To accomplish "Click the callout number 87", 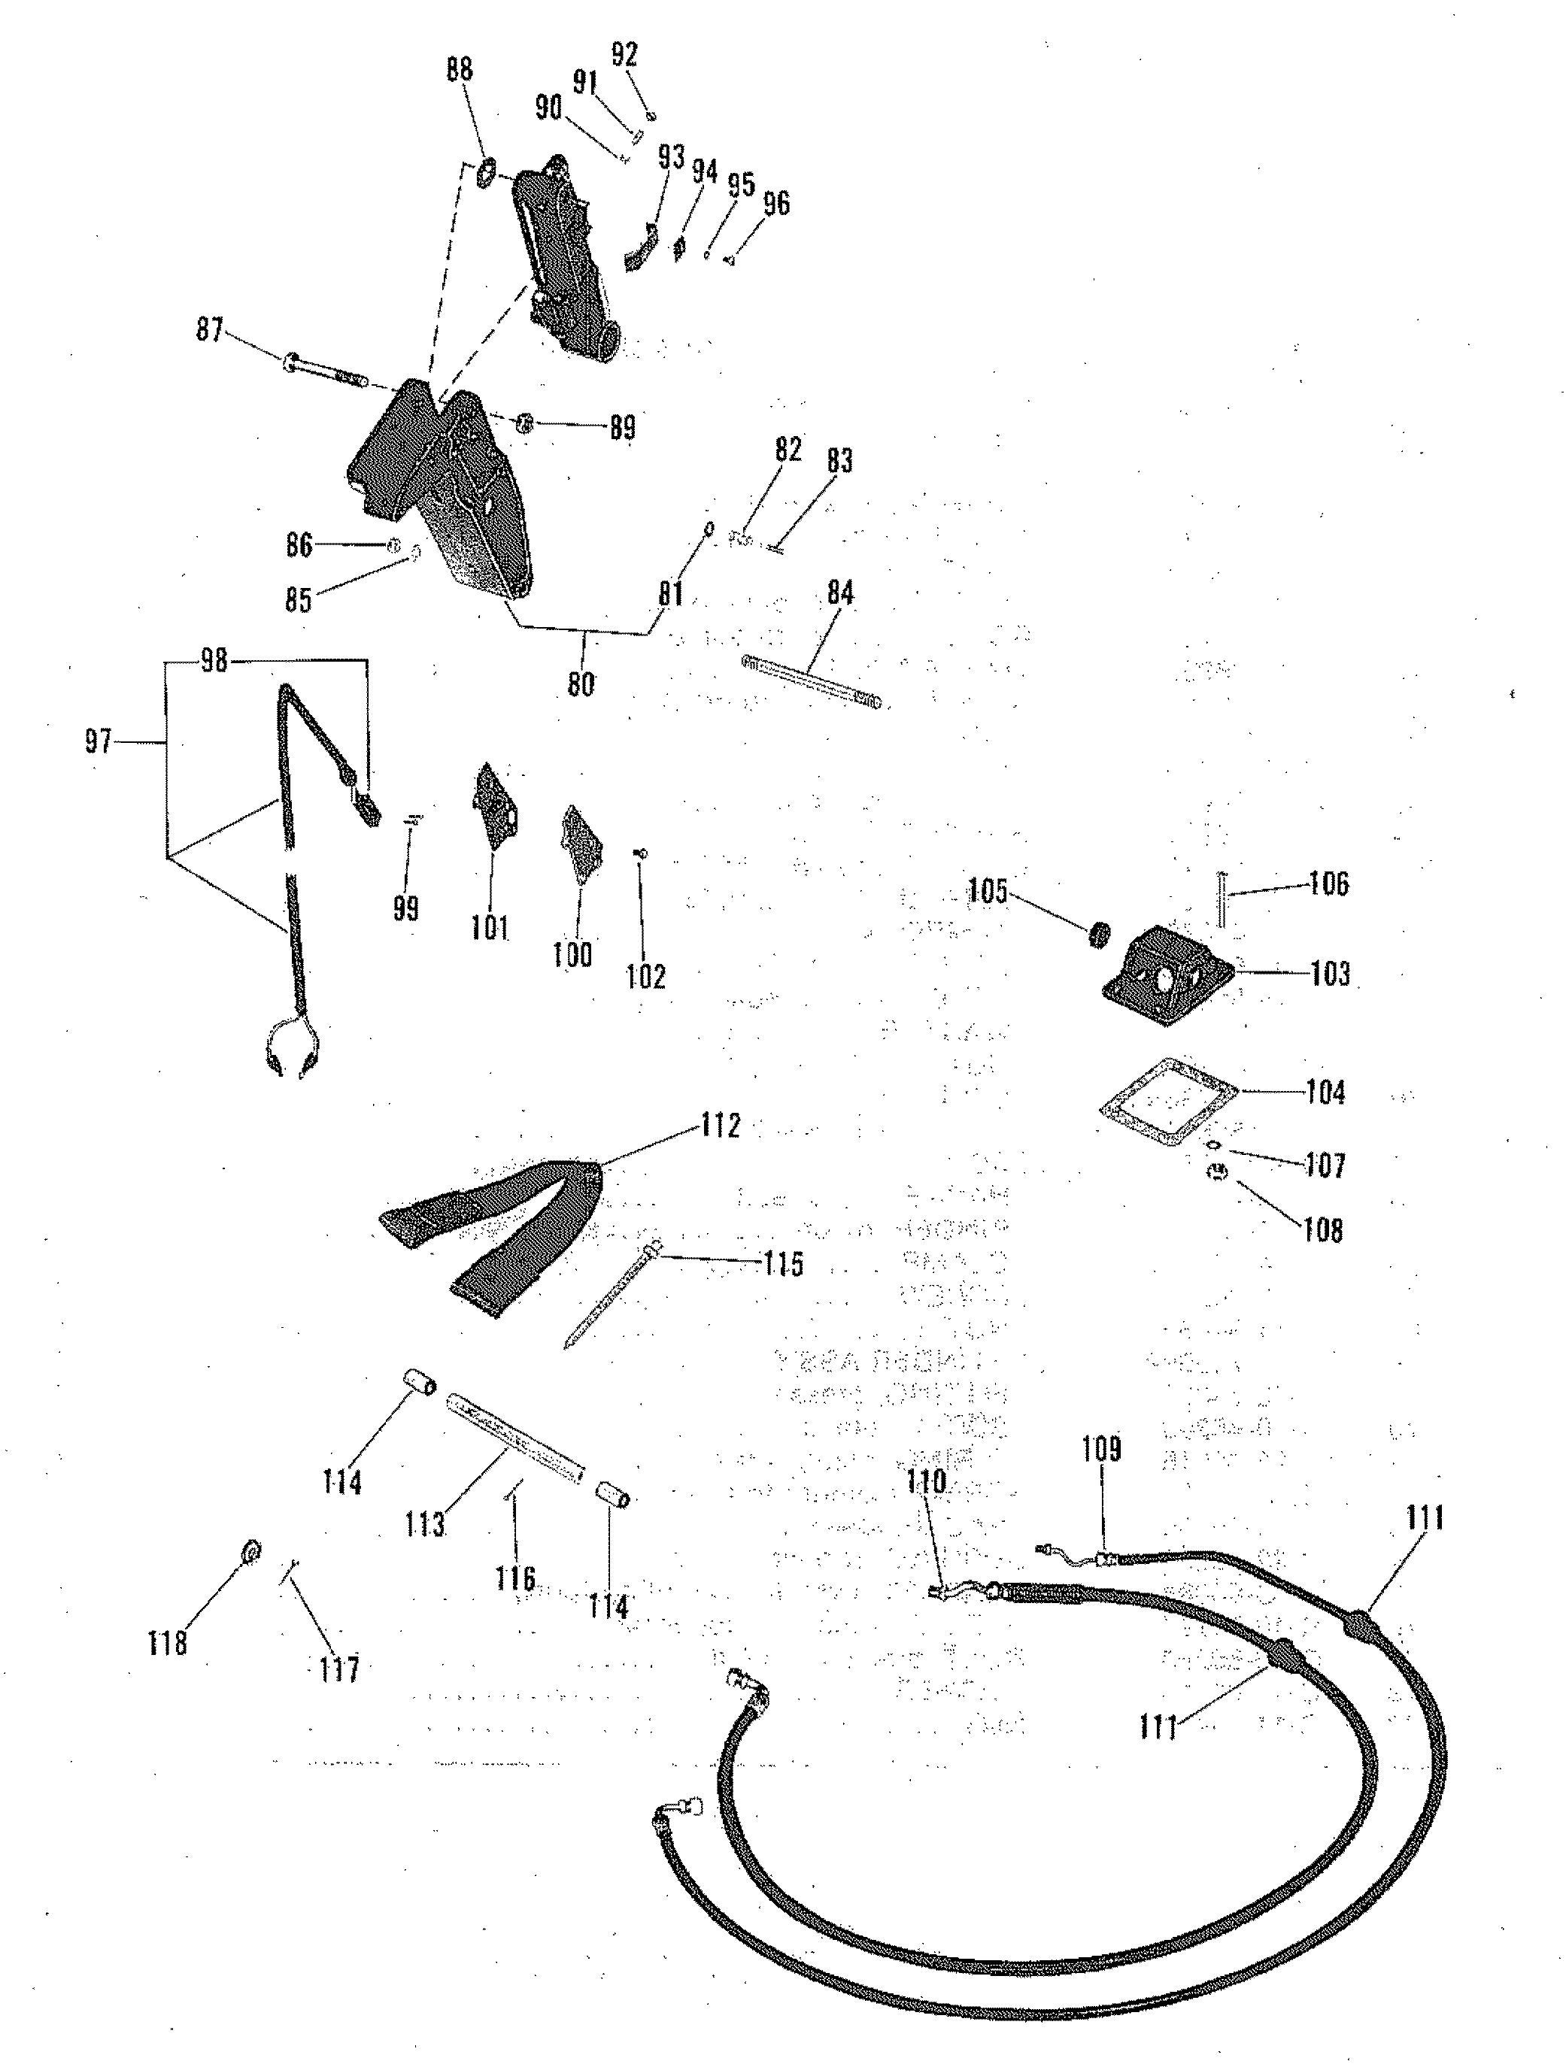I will [x=209, y=329].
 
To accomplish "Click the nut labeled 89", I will [x=524, y=423].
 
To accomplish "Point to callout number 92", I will [x=624, y=55].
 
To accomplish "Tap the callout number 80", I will [x=581, y=684].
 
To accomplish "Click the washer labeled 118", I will [x=250, y=1552].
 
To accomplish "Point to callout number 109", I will [x=1101, y=1449].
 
